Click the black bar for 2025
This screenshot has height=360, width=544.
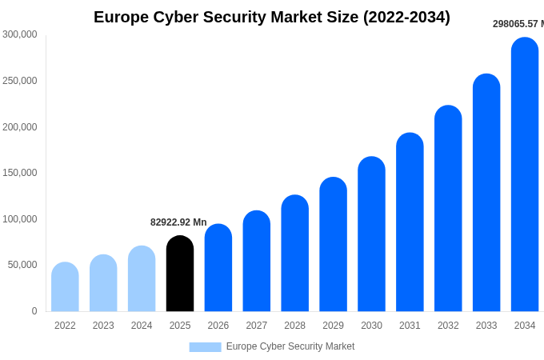click(180, 274)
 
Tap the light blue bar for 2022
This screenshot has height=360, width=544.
click(65, 287)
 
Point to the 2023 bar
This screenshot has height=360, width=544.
click(103, 283)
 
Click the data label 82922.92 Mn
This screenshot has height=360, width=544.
click(178, 222)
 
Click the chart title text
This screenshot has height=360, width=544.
click(272, 17)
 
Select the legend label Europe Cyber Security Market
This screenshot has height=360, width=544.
click(290, 346)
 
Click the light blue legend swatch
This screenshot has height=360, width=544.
click(205, 346)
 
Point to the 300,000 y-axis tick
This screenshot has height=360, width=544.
click(20, 34)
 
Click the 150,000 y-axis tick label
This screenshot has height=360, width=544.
click(20, 173)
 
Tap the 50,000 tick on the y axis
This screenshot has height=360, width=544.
click(23, 265)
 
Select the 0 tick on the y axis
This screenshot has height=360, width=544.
click(34, 311)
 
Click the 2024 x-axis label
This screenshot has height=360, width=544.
click(142, 326)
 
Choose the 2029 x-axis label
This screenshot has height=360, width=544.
click(333, 326)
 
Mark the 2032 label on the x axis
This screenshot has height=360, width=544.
click(448, 326)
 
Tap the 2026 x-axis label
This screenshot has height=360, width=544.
click(218, 326)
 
